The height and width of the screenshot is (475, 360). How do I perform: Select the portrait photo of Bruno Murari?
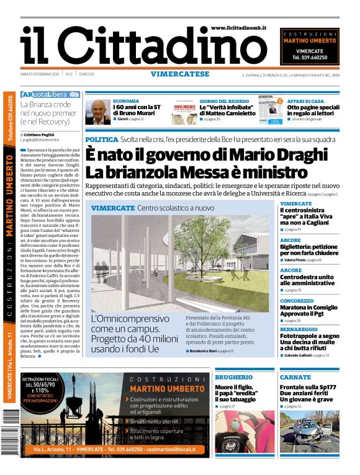click(x=97, y=111)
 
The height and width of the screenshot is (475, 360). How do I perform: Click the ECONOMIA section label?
click(x=126, y=100)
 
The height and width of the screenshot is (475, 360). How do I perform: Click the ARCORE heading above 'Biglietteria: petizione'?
click(x=290, y=240)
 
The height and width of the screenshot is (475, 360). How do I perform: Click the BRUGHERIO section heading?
click(x=233, y=377)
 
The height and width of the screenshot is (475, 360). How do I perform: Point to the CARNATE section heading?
click(x=295, y=377)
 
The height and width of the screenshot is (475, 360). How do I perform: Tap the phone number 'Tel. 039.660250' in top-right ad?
click(x=309, y=58)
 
